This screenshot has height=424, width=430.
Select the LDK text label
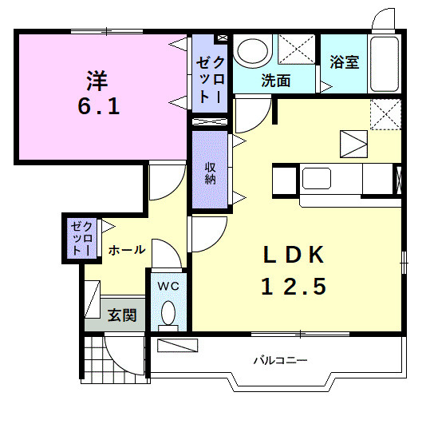(294, 255)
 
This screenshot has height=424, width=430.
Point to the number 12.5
(294, 286)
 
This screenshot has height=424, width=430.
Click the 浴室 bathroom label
(344, 62)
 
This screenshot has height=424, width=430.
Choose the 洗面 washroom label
(275, 80)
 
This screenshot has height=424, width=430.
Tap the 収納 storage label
(211, 172)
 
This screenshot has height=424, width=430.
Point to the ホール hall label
(127, 250)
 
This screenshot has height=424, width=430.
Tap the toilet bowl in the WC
(168, 312)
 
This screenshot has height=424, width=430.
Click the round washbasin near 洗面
(255, 50)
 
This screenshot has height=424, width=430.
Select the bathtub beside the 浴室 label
(385, 64)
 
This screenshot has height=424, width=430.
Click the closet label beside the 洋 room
(211, 73)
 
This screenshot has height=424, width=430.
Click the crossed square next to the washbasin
(295, 52)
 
